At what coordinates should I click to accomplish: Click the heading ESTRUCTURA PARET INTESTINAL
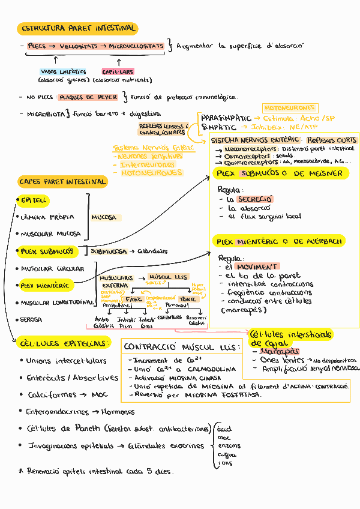pos(79,28)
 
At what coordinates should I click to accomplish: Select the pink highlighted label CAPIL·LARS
pos(118,71)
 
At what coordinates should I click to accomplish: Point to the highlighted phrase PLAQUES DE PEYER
pos(88,97)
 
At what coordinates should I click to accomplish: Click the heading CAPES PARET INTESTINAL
pos(62,181)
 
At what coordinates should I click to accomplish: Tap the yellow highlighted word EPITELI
pos(34,200)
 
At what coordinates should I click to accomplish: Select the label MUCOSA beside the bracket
pos(104,217)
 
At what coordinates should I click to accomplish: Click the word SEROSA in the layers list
pos(31,320)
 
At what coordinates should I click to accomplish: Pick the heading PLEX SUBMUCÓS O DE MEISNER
pos(280,173)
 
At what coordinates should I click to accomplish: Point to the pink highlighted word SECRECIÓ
pos(254,199)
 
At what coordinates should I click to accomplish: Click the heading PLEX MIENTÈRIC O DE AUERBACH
pos(280,241)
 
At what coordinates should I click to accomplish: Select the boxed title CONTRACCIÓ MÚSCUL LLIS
pos(181,346)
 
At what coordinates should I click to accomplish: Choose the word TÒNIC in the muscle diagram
pos(188,298)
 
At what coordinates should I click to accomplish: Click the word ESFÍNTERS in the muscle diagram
pos(169,317)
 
